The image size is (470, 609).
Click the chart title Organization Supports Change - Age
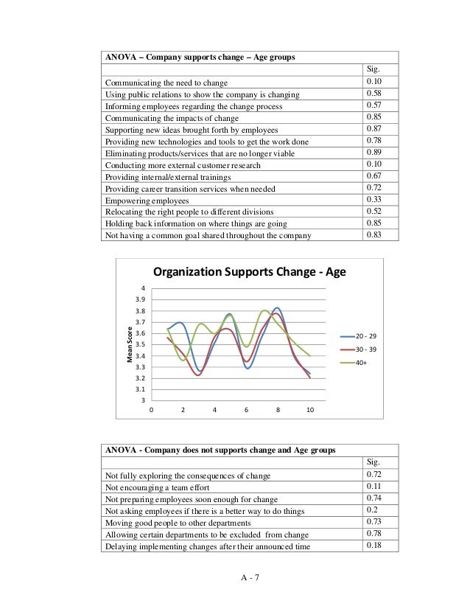(x=248, y=273)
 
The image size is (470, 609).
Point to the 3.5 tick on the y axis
(x=139, y=344)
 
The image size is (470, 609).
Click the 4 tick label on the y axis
(x=143, y=288)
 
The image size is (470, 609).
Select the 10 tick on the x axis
(x=310, y=410)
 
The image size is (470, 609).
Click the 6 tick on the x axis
(x=247, y=410)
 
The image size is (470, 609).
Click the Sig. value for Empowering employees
(x=373, y=200)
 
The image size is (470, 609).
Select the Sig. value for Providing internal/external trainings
(x=373, y=176)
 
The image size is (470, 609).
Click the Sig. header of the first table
(x=373, y=69)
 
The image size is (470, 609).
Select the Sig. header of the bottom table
(x=373, y=462)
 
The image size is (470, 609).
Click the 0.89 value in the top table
(x=373, y=153)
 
